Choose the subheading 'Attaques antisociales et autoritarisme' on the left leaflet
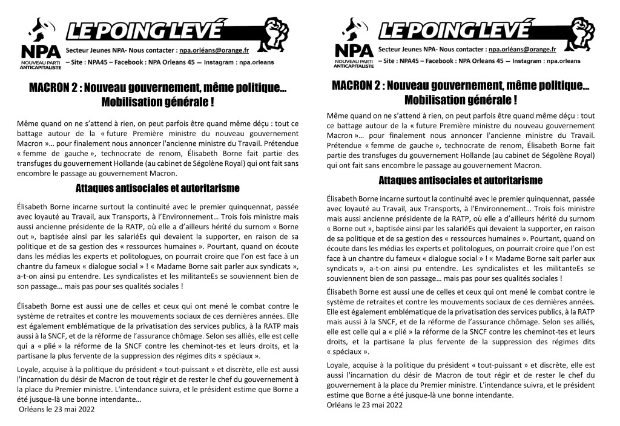click(157, 188)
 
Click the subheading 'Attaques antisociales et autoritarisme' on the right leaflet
click(460, 180)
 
